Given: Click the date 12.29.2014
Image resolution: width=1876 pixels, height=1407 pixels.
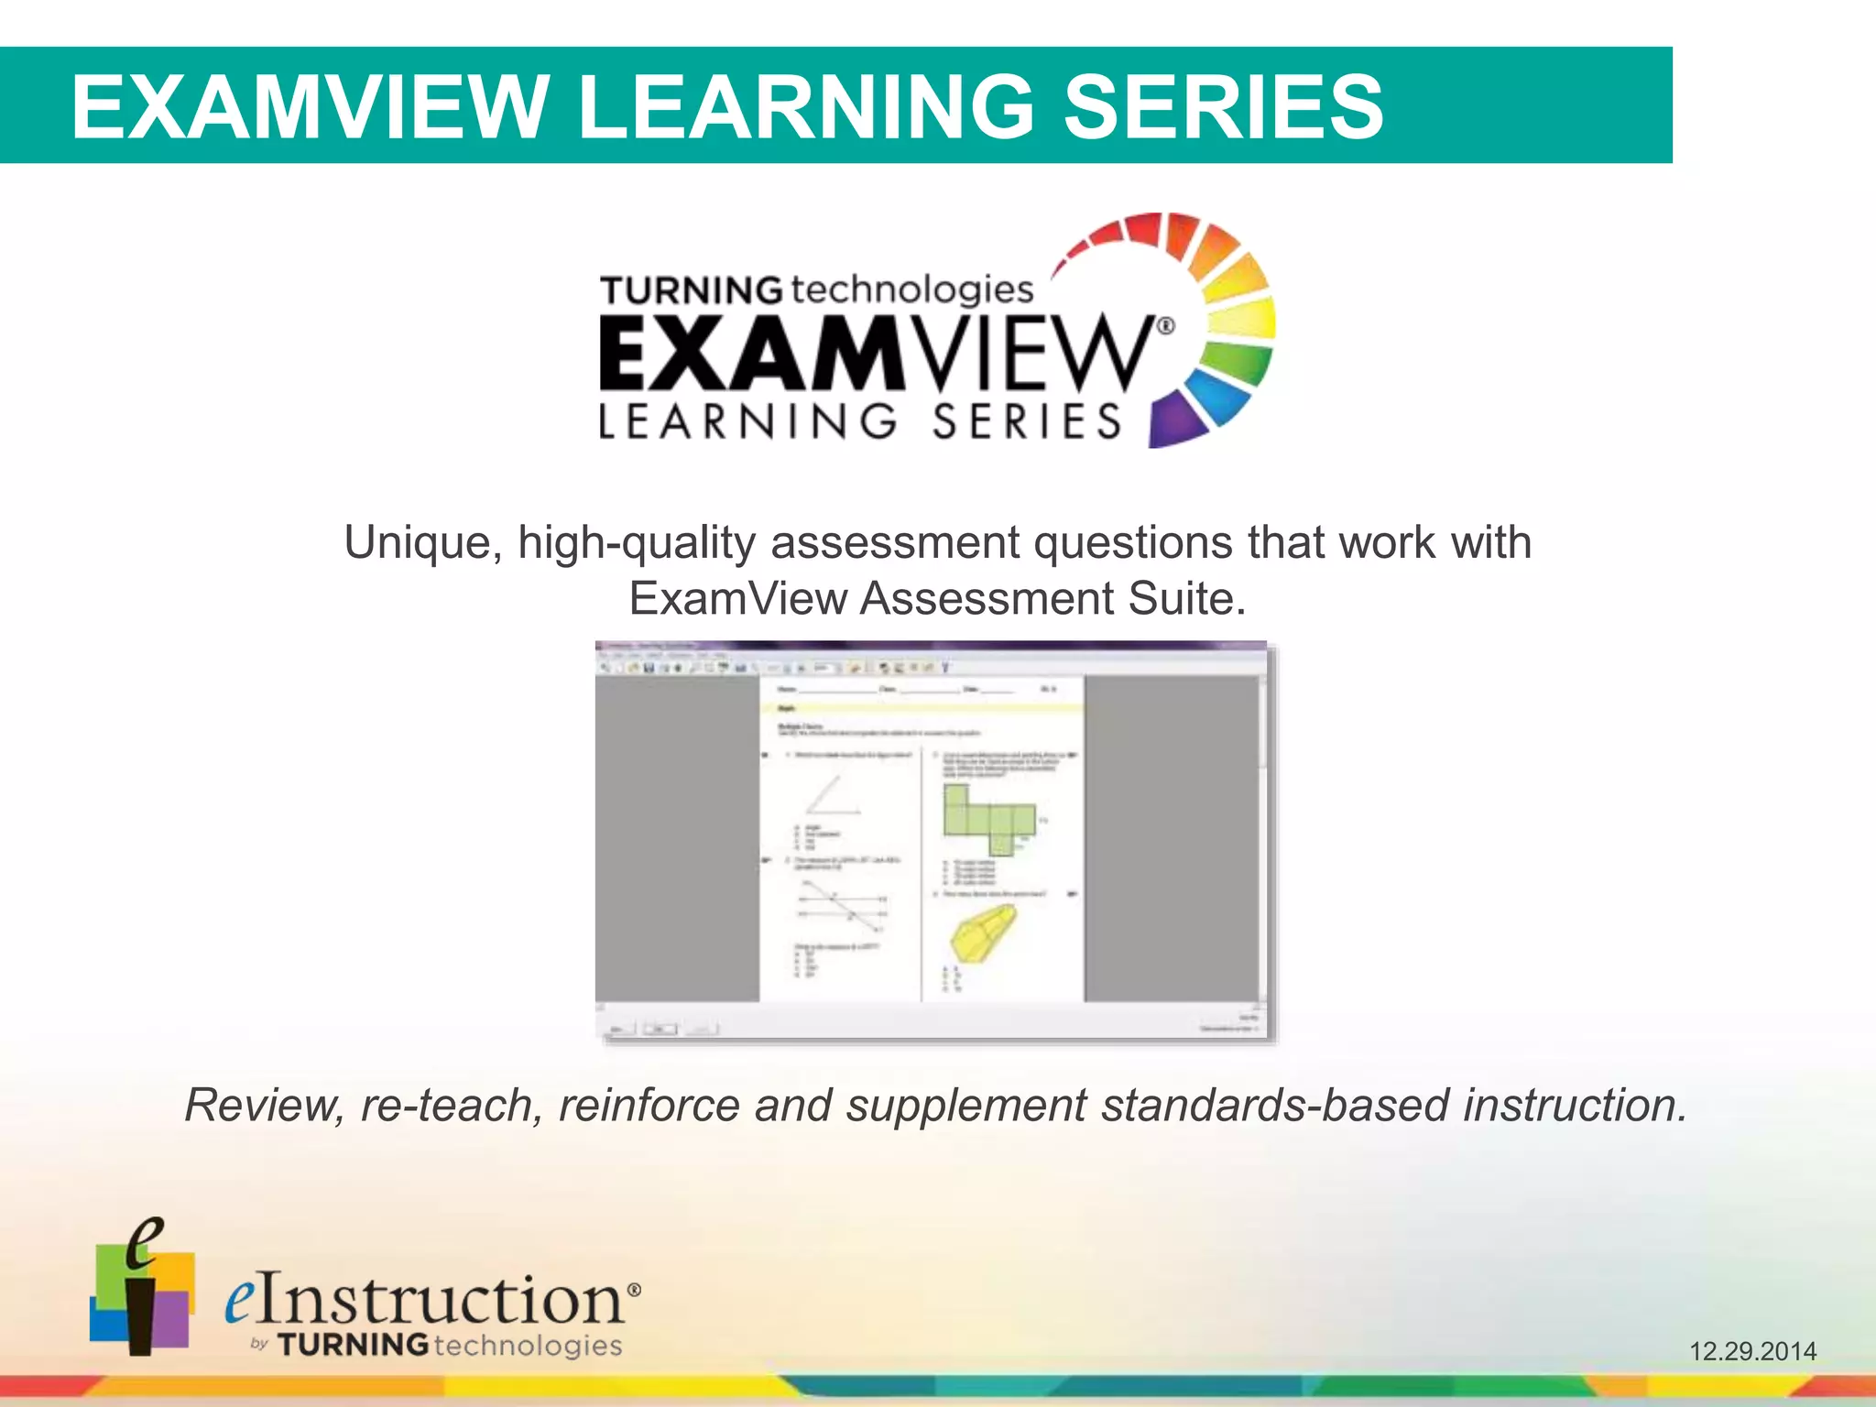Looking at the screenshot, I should tap(1752, 1351).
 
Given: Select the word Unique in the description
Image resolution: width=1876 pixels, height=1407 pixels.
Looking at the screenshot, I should tap(422, 542).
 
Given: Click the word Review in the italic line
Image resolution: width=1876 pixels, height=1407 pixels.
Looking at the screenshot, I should tap(264, 1105).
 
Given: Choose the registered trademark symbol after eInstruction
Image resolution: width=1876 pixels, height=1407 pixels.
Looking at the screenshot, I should tap(633, 1289).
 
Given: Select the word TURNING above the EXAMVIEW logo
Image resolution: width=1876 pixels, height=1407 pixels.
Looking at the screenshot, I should tap(692, 290).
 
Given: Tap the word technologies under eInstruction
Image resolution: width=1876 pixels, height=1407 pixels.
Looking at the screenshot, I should tap(528, 1345).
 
